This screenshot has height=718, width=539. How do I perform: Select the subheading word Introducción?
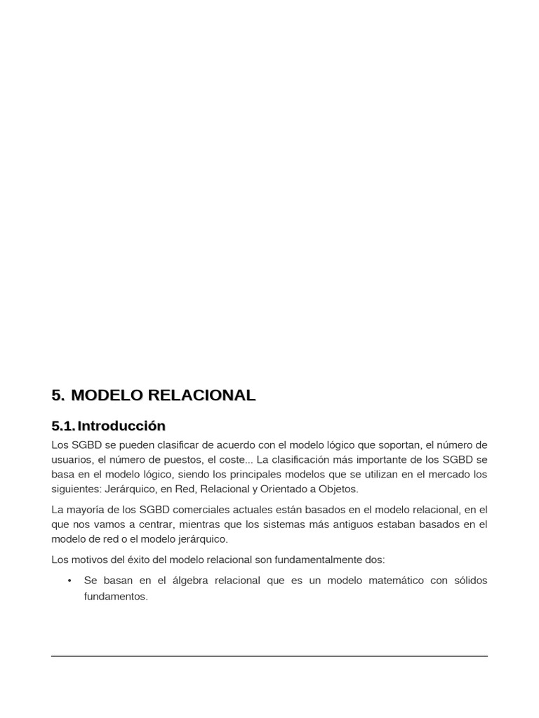[x=121, y=426]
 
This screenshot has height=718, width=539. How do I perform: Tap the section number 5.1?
[x=63, y=426]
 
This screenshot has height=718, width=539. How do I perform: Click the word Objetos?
[x=336, y=489]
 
